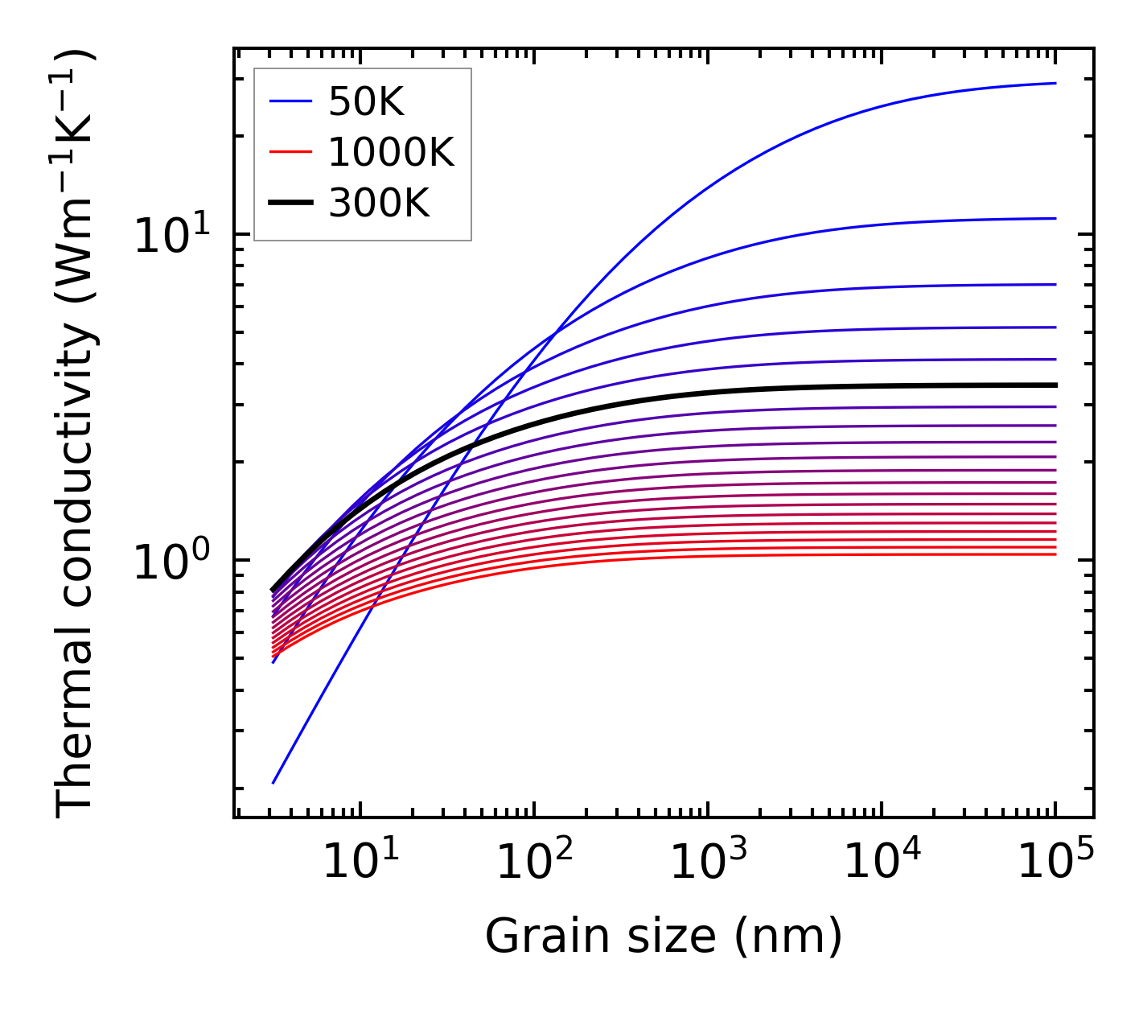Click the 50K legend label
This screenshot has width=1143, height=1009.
pyautogui.click(x=366, y=102)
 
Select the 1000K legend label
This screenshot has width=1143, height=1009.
pyautogui.click(x=391, y=152)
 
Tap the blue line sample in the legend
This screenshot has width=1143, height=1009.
pyautogui.click(x=290, y=101)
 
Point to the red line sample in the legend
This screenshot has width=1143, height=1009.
pyautogui.click(x=290, y=152)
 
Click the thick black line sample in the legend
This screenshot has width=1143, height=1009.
pyautogui.click(x=290, y=203)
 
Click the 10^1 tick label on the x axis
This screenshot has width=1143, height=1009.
pyautogui.click(x=360, y=863)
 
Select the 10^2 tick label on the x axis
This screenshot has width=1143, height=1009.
pyautogui.click(x=533, y=863)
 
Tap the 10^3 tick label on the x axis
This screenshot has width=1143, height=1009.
pyautogui.click(x=707, y=863)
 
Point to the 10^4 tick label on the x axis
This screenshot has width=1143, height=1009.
pyautogui.click(x=882, y=863)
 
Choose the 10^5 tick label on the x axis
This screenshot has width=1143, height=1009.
pyautogui.click(x=1055, y=863)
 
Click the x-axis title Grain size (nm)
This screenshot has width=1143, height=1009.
pyautogui.click(x=664, y=937)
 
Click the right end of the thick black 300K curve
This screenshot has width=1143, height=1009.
pyautogui.click(x=1055, y=385)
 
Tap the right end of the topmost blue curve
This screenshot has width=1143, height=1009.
pyautogui.click(x=1055, y=83)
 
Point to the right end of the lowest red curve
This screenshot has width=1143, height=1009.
pyautogui.click(x=1055, y=554)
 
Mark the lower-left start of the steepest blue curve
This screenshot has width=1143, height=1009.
pyautogui.click(x=274, y=782)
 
